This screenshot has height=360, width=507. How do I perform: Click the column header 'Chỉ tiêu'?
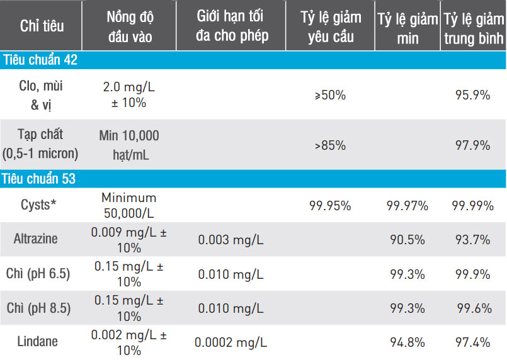(42, 26)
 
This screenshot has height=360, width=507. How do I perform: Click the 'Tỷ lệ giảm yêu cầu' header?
(330, 25)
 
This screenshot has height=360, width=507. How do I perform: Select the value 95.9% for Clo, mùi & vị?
(472, 95)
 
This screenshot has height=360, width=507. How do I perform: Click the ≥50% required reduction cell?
(330, 95)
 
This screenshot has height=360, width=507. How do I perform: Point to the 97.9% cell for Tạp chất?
(472, 145)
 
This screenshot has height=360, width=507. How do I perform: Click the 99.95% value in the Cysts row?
(330, 206)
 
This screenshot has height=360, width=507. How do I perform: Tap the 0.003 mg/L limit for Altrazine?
(231, 240)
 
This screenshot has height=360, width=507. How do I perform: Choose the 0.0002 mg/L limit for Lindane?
(231, 342)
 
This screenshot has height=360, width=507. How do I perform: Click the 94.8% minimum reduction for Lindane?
(408, 342)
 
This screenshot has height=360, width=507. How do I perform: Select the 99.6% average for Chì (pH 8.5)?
(472, 308)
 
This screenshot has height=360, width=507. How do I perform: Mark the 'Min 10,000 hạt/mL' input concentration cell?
(129, 144)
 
